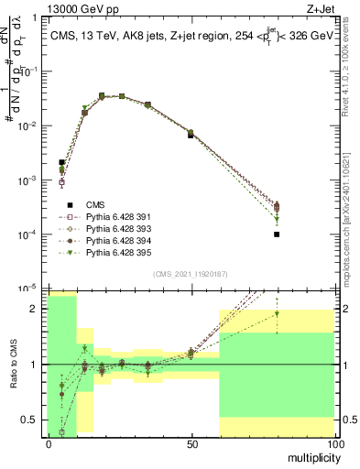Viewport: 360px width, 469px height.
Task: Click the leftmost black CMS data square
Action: (x=61, y=162)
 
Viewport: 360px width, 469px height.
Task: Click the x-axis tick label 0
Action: (x=48, y=443)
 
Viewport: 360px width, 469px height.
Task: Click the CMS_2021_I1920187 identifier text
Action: (x=189, y=275)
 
